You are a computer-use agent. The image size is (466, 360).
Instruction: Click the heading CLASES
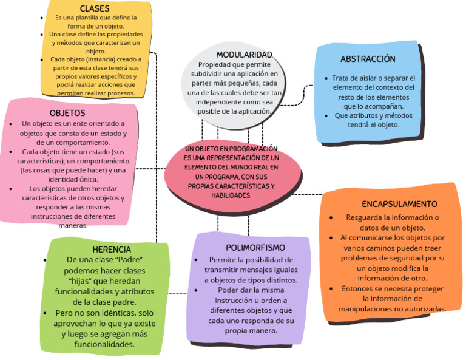click(x=95, y=8)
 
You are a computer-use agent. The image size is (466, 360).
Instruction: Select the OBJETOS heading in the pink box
click(x=67, y=113)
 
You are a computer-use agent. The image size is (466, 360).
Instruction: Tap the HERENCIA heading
click(x=112, y=250)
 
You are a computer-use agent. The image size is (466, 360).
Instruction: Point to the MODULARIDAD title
click(x=244, y=55)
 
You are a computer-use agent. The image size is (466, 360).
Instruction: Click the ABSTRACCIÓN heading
click(x=368, y=59)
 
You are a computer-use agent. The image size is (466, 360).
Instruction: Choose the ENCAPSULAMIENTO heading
click(x=399, y=204)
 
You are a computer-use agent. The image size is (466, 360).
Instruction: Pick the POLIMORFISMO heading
click(x=255, y=248)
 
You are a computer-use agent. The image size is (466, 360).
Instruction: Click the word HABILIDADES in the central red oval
click(x=231, y=195)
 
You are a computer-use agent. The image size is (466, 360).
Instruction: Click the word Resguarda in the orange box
click(x=365, y=217)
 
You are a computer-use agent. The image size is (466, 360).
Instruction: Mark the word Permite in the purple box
click(x=222, y=259)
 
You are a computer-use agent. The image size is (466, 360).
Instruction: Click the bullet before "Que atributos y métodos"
click(x=327, y=115)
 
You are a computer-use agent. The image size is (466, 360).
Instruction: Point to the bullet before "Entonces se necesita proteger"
click(x=331, y=289)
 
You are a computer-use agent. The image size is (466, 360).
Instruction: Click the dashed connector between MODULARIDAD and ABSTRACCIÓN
click(x=300, y=94)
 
